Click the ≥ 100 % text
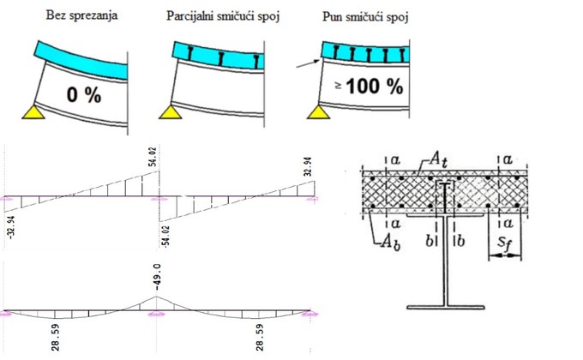pyautogui.click(x=363, y=87)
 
